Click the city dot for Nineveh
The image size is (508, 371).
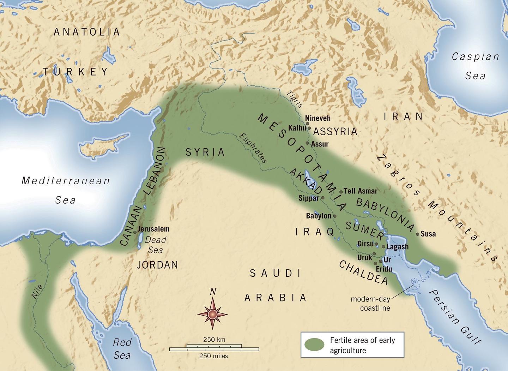pyautogui.click(x=307, y=124)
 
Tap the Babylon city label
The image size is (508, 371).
pyautogui.click(x=318, y=216)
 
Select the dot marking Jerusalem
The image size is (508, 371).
pyautogui.click(x=135, y=232)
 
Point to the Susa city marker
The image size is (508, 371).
pyautogui.click(x=418, y=234)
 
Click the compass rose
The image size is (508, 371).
pyautogui.click(x=212, y=313)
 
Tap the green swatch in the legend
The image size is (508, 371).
pyautogui.click(x=314, y=345)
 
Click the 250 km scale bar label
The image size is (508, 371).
pyautogui.click(x=214, y=340)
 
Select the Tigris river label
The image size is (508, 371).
pyautogui.click(x=295, y=99)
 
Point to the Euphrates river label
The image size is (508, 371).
pyautogui.click(x=253, y=148)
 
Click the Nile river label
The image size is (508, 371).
pyautogui.click(x=37, y=292)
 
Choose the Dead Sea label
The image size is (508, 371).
pyautogui.click(x=155, y=245)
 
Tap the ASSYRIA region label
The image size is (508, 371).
pyautogui.click(x=335, y=132)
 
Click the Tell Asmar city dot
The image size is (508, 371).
pyautogui.click(x=341, y=192)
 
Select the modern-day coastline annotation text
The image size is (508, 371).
pyautogui.click(x=371, y=304)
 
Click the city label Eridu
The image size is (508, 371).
pyautogui.click(x=384, y=269)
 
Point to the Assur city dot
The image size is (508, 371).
pyautogui.click(x=308, y=143)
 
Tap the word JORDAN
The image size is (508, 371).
pyautogui.click(x=157, y=265)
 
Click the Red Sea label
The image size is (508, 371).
pyautogui.click(x=122, y=349)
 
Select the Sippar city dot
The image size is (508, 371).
pyautogui.click(x=322, y=198)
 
